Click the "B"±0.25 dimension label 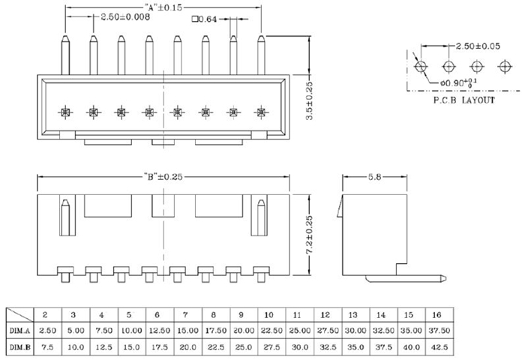tap(163, 177)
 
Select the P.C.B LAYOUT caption tap(463, 99)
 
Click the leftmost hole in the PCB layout tap(421, 66)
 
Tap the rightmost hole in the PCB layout tap(503, 66)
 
